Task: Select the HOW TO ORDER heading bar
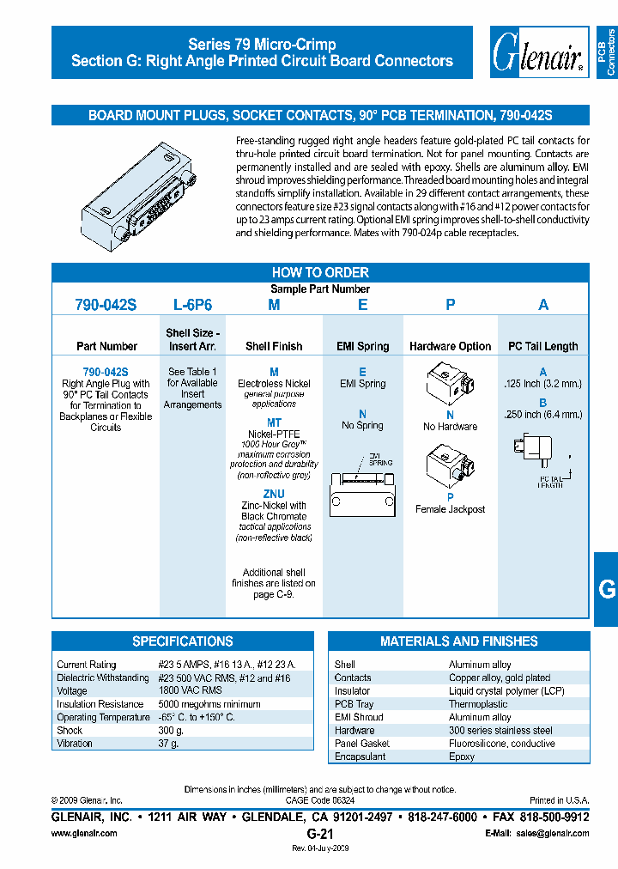[x=320, y=272]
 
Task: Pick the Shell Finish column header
[x=274, y=346]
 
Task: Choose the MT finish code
[x=274, y=423]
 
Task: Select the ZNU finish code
[x=274, y=495]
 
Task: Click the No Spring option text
[x=362, y=425]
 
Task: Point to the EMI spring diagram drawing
[x=363, y=485]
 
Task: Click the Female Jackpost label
[x=450, y=509]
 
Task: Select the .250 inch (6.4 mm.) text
[x=542, y=415]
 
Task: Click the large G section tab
[x=606, y=589]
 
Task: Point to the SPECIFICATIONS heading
[x=183, y=641]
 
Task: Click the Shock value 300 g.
[x=171, y=730]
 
